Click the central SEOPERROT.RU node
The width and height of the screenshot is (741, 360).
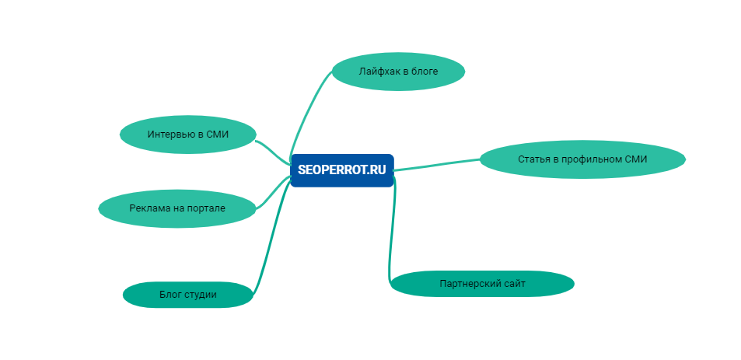342,170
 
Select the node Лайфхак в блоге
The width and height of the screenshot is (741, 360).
398,72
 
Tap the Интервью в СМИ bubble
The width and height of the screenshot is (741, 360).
187,135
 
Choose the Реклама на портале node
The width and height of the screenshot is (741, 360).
177,208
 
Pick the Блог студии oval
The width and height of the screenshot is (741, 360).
187,295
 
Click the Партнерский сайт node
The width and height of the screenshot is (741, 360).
482,284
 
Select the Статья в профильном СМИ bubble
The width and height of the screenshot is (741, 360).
582,159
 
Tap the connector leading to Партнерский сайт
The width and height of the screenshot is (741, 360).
388,233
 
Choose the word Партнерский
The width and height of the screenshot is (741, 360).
467,284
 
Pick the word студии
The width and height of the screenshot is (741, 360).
200,295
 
